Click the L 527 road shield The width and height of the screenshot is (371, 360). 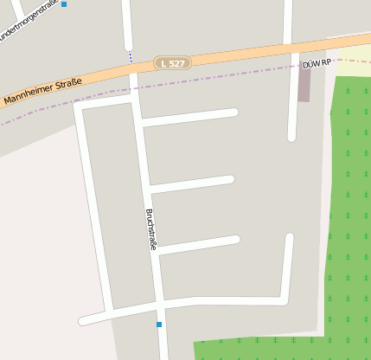172,63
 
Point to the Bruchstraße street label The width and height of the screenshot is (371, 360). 151,230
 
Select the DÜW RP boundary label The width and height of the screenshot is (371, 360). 317,65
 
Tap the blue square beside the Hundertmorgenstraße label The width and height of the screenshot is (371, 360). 64,4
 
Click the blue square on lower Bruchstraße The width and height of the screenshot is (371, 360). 159,325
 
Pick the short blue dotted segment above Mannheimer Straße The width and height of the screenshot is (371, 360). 131,56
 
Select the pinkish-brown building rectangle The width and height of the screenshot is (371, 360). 304,84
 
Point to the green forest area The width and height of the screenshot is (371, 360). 350,216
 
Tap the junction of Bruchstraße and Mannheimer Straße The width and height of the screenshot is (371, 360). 133,76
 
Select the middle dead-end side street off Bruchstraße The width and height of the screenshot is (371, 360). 195,183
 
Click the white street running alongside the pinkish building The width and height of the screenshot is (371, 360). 292,95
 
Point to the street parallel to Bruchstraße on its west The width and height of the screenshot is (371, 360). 94,208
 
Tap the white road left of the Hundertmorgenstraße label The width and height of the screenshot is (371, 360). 16,9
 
